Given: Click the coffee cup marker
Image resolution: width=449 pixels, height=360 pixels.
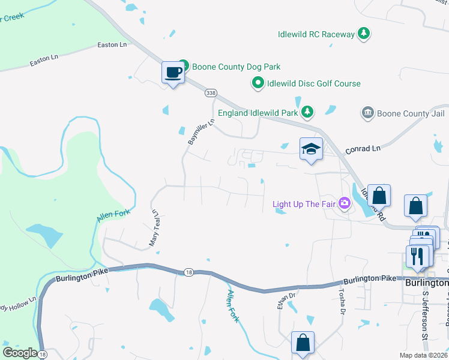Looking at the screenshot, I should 173,73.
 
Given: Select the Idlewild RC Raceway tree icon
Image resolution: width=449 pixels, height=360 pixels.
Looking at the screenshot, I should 363,34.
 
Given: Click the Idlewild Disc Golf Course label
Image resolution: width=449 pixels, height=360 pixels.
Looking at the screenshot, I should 314,83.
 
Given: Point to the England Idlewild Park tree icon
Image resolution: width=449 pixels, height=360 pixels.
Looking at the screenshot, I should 307,112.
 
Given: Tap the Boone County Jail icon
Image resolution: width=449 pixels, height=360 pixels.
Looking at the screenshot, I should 368,113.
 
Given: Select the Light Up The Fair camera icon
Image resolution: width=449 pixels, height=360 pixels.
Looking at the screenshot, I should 345,203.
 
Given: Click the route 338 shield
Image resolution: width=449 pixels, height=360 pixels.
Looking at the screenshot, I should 210,93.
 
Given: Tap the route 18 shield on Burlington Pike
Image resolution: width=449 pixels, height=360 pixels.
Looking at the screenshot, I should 188,272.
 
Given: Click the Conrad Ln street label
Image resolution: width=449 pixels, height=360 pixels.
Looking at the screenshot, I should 363,148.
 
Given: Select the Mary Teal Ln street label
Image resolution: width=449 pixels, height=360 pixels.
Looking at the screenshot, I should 155,229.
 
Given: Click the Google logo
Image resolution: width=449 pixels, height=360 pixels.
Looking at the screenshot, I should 20,352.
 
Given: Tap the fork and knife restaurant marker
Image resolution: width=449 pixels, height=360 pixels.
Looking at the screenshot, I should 417,256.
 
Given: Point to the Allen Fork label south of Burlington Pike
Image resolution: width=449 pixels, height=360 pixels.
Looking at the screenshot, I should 234,306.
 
